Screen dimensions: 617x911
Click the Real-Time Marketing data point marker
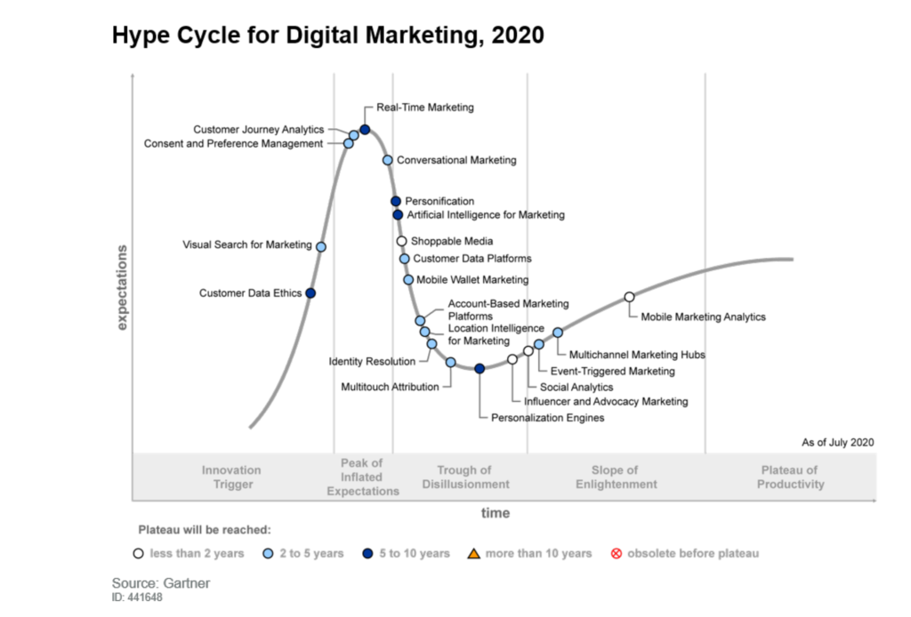(365, 130)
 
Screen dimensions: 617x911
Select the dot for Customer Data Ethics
(310, 292)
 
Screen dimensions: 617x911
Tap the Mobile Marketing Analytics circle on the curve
(629, 297)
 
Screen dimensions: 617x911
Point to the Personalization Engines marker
(480, 368)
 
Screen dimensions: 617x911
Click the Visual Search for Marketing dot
(321, 246)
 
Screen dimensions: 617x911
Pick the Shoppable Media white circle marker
(401, 241)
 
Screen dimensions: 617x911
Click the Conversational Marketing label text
(455, 160)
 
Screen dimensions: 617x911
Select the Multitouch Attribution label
(390, 387)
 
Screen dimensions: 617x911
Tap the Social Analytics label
(576, 387)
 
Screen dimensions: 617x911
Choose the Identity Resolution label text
(372, 361)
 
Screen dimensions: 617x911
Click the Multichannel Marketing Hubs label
(636, 355)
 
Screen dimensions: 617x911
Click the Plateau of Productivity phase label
(790, 477)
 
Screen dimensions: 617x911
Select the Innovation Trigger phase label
(231, 477)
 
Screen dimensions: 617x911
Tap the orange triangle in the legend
(474, 554)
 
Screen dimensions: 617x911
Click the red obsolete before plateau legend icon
(616, 554)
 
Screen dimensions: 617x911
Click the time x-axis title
(496, 513)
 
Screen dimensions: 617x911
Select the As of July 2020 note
(837, 442)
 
